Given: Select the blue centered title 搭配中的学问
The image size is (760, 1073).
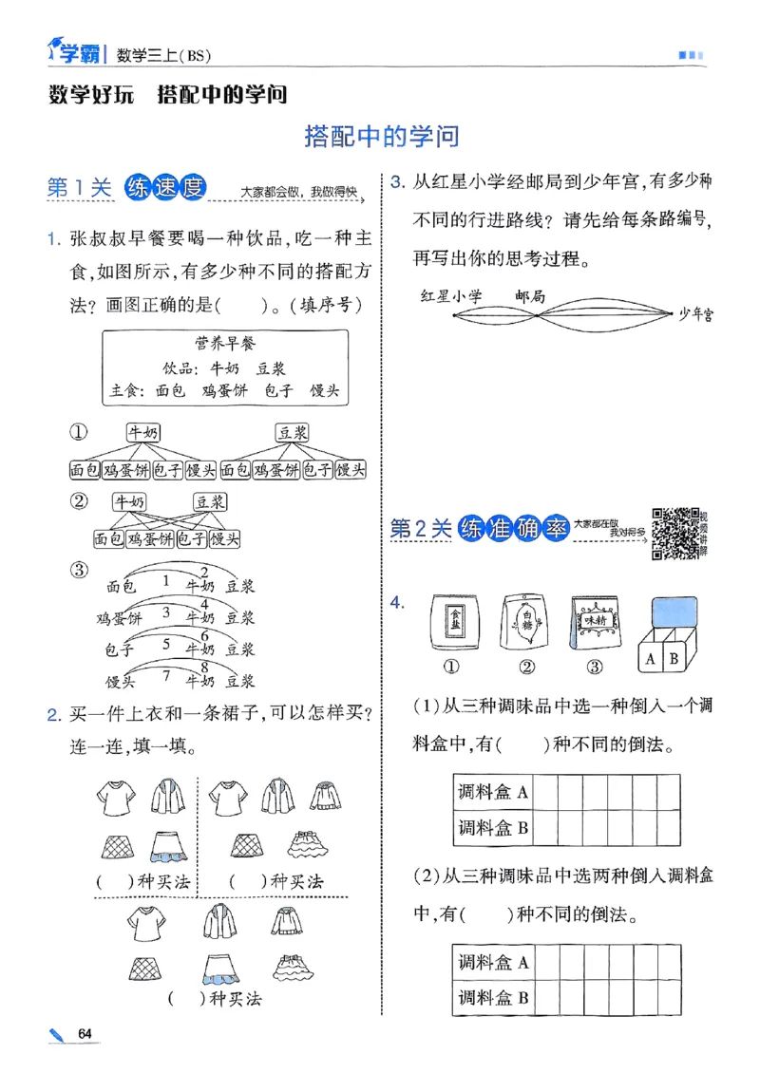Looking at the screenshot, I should [x=381, y=137].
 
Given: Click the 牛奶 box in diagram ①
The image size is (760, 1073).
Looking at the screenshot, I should [x=144, y=432].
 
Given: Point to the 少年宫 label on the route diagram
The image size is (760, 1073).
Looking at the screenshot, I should [x=695, y=314].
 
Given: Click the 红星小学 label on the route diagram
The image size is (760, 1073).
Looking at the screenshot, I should [x=452, y=296].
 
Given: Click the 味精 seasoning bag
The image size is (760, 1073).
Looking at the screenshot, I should [x=595, y=623].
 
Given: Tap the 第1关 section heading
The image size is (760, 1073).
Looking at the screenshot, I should [x=80, y=189].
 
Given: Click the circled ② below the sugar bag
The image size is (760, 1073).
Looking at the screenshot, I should [x=525, y=666].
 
